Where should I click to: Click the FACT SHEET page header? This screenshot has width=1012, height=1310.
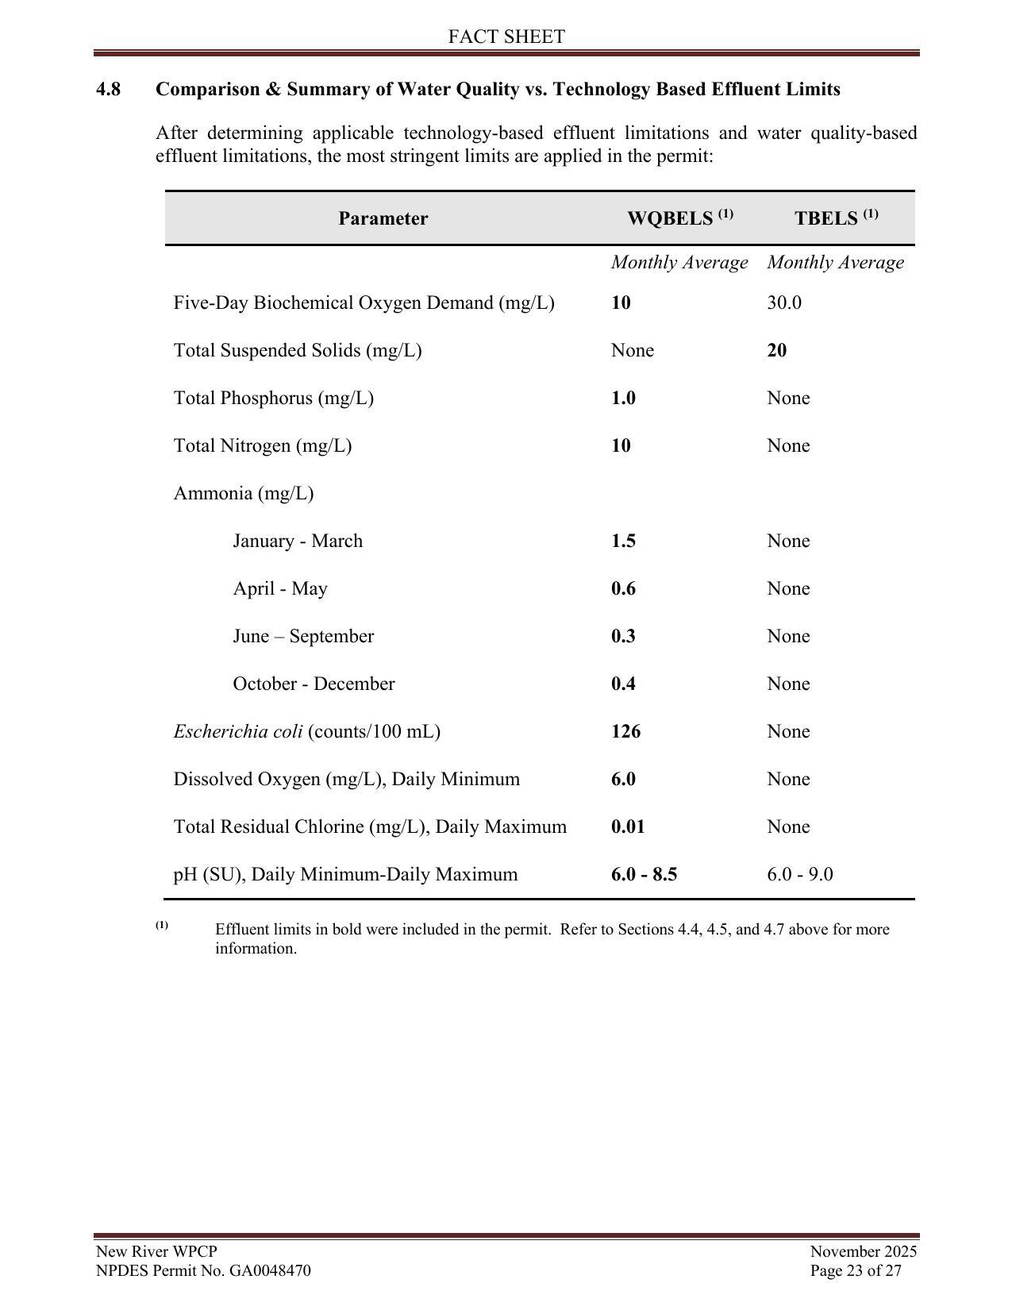tap(506, 37)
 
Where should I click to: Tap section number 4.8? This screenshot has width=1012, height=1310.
tap(109, 90)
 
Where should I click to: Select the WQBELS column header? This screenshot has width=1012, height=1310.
tap(679, 218)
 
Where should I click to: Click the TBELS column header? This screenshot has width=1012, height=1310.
tap(836, 218)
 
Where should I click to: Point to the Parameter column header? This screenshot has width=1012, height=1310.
tap(383, 219)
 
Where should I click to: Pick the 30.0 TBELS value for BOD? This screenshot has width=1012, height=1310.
tap(784, 303)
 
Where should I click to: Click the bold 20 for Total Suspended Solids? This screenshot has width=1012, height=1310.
tap(777, 351)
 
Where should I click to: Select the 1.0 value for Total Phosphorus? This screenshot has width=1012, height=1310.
tap(623, 399)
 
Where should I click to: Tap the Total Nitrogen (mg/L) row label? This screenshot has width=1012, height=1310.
tap(263, 446)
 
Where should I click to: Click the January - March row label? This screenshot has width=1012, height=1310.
tap(298, 541)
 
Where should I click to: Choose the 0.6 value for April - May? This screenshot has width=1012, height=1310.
tap(623, 589)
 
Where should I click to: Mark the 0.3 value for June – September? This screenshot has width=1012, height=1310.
tap(623, 637)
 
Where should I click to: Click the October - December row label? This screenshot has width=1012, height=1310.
tap(314, 684)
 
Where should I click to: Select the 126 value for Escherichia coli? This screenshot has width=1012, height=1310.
tap(625, 732)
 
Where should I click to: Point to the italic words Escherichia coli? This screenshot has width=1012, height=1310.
tap(237, 732)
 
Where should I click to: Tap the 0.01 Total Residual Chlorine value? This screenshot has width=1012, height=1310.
tap(628, 827)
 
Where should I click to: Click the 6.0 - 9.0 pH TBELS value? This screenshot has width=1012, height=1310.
tap(800, 875)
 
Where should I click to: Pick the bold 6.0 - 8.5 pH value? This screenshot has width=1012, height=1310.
tap(644, 875)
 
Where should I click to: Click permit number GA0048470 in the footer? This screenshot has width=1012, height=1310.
tap(270, 1270)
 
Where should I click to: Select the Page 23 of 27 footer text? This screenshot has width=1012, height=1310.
tap(856, 1270)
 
